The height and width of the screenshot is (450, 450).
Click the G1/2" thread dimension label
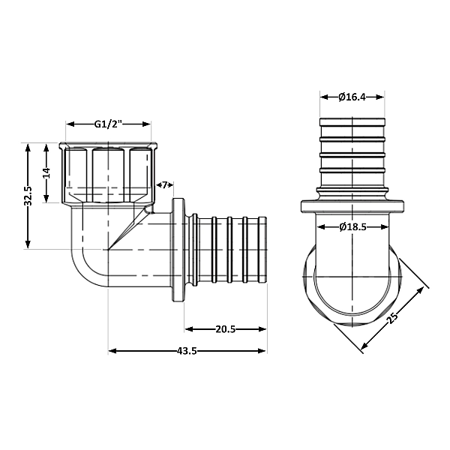109,124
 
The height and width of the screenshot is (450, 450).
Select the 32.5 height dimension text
28,196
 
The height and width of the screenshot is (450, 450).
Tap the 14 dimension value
46,172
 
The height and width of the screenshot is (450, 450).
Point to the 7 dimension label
165,184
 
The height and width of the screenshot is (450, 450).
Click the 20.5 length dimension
226,328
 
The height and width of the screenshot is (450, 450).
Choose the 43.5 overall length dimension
187,350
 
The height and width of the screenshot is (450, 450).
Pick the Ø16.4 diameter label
352,96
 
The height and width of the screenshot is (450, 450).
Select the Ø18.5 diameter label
352,226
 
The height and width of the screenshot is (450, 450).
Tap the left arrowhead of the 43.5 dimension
112,350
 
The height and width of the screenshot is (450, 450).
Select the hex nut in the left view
109,172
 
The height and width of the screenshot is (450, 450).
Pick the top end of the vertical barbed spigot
352,120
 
